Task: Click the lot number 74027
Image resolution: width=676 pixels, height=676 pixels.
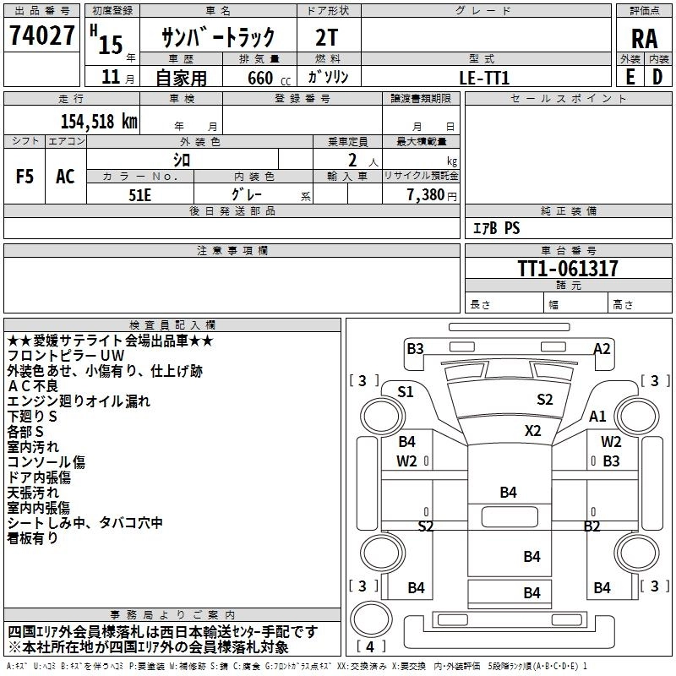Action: pos(41,35)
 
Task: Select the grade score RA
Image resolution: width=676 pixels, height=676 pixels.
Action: pos(645,39)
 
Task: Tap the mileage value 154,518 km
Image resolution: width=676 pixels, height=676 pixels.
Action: pos(99,121)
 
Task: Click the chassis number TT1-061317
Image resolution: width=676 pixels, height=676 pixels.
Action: pos(568,269)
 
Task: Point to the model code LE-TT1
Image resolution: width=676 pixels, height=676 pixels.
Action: pos(484,78)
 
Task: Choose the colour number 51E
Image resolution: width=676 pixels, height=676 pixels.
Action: pos(139,195)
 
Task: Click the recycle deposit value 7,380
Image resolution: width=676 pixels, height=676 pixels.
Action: pos(426,195)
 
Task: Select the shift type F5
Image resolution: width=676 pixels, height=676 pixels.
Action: pos(25,177)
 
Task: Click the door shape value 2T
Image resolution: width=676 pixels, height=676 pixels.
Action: pos(327,37)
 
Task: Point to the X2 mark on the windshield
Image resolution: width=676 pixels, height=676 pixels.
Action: pos(533,431)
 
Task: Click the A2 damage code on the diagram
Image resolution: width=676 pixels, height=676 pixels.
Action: pos(602,348)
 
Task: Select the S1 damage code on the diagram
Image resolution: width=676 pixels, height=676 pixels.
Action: pos(406,392)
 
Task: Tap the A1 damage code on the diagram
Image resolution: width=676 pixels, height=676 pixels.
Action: pos(597,417)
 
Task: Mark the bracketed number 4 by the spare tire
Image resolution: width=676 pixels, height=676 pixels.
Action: pos(370,646)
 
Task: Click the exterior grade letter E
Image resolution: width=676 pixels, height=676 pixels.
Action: pos(630,77)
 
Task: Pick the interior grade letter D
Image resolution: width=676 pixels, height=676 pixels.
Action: pos(657,77)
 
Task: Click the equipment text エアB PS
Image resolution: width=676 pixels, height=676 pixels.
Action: pos(497,228)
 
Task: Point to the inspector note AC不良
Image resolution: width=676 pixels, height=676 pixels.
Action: pos(33,386)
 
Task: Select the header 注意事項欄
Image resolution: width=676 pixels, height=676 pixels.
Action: pos(232,250)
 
